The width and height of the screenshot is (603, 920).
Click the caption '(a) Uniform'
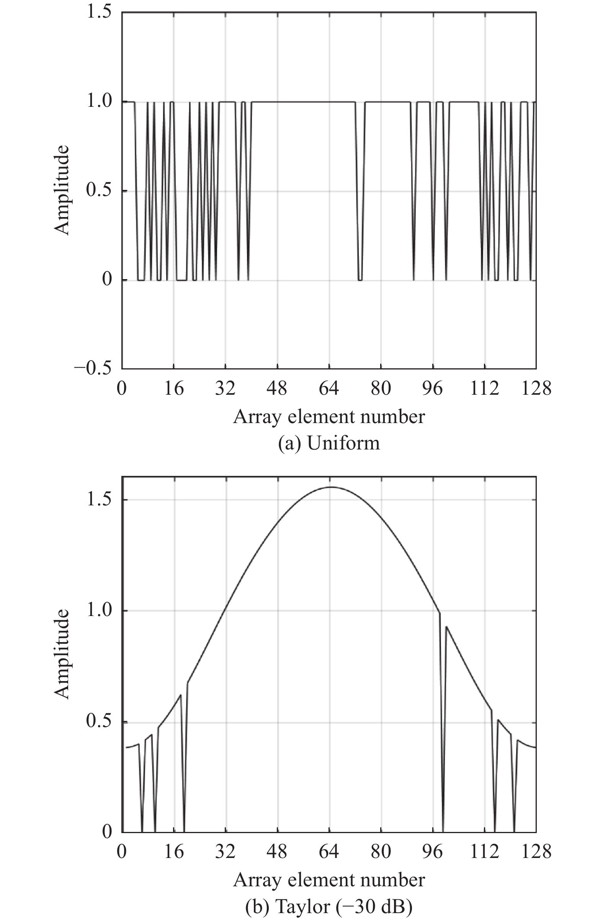tap(329, 443)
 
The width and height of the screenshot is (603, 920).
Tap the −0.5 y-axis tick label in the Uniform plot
tap(92, 368)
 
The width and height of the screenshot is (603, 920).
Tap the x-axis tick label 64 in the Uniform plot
tap(329, 388)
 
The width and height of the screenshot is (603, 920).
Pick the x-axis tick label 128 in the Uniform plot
tap(536, 388)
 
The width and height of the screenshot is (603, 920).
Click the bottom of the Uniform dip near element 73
tap(360, 279)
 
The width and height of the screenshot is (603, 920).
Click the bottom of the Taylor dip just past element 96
tap(443, 831)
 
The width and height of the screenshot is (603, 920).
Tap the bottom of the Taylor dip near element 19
tap(184, 831)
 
